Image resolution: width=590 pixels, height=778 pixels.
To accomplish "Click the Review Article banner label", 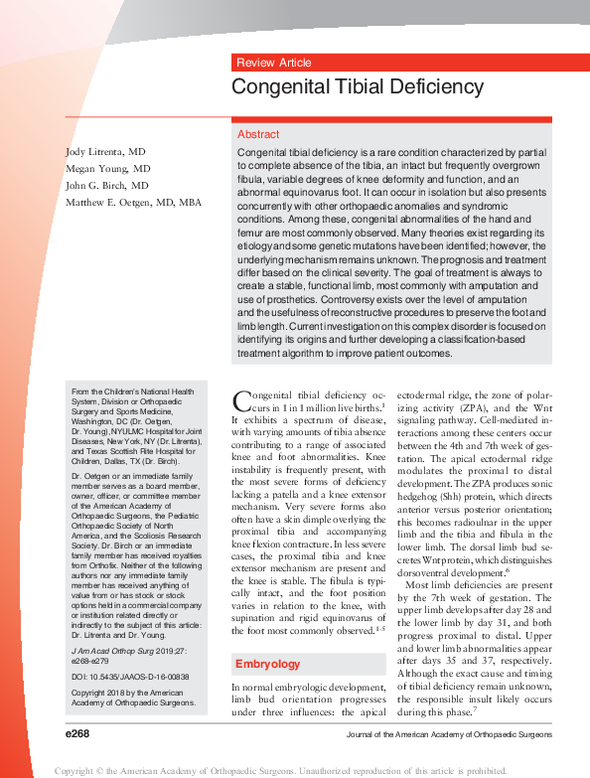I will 274,63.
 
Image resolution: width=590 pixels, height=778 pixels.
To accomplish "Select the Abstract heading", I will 258,134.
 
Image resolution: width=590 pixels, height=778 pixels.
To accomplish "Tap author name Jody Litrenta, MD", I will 105,151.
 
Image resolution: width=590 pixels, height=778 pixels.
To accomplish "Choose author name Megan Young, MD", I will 107,168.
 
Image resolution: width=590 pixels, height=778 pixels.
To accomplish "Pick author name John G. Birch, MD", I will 106,185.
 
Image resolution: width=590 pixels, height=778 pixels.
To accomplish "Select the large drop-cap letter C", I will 242,402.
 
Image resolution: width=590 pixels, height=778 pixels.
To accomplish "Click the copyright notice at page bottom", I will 294,770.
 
